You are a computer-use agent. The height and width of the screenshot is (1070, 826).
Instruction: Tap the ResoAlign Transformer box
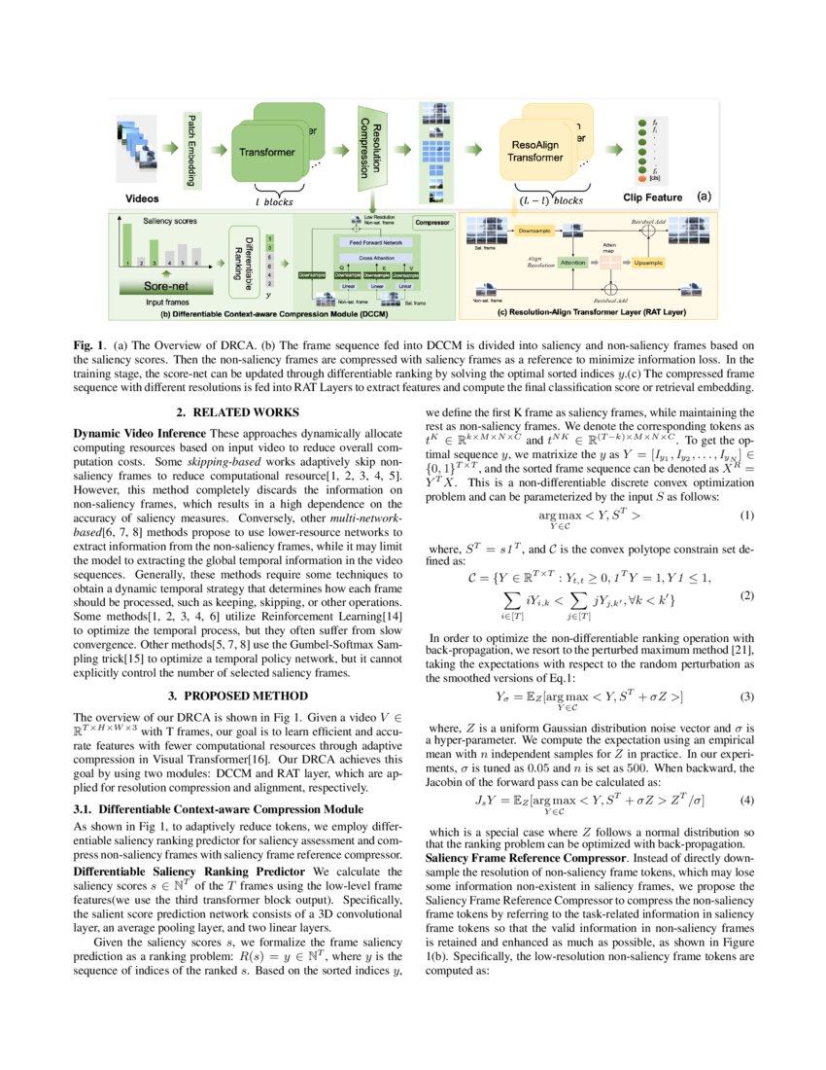point(536,150)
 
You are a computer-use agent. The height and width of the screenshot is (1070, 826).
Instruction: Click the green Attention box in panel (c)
point(572,263)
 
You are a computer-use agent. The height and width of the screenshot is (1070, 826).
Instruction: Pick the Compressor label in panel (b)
point(431,222)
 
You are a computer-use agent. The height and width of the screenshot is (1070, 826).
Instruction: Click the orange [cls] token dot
point(641,180)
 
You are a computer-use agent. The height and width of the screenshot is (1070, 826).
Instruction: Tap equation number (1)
point(747,514)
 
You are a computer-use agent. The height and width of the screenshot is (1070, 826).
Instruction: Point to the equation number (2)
point(747,595)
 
